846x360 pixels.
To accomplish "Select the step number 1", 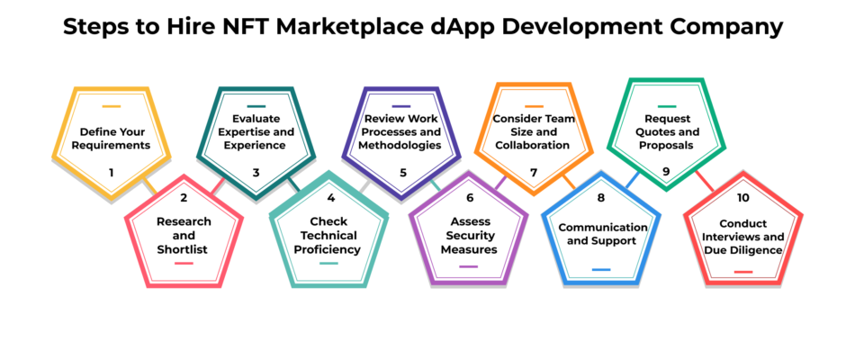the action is pos(111,173).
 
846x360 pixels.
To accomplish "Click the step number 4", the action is pos(330,197).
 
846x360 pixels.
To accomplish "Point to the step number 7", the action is pos(534,173).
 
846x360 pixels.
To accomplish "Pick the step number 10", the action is pos(742,197).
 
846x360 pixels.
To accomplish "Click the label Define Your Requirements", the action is pos(112,139).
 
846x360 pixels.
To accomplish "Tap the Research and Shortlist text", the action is pos(184,236).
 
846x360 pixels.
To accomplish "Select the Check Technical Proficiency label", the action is pos(328,236).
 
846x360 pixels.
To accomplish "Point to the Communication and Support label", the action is pos(601,234).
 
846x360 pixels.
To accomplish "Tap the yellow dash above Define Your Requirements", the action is pos(111,106).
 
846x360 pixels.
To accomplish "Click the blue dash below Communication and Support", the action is pos(601,269).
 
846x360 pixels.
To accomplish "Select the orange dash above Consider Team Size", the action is pos(534,106).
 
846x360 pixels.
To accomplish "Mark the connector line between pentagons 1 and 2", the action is pos(149,186).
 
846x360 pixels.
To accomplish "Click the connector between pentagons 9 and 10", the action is pos(705,181).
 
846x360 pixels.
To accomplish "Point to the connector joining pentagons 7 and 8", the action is pos(569,182).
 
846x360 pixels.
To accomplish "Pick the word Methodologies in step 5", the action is pos(400,145).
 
